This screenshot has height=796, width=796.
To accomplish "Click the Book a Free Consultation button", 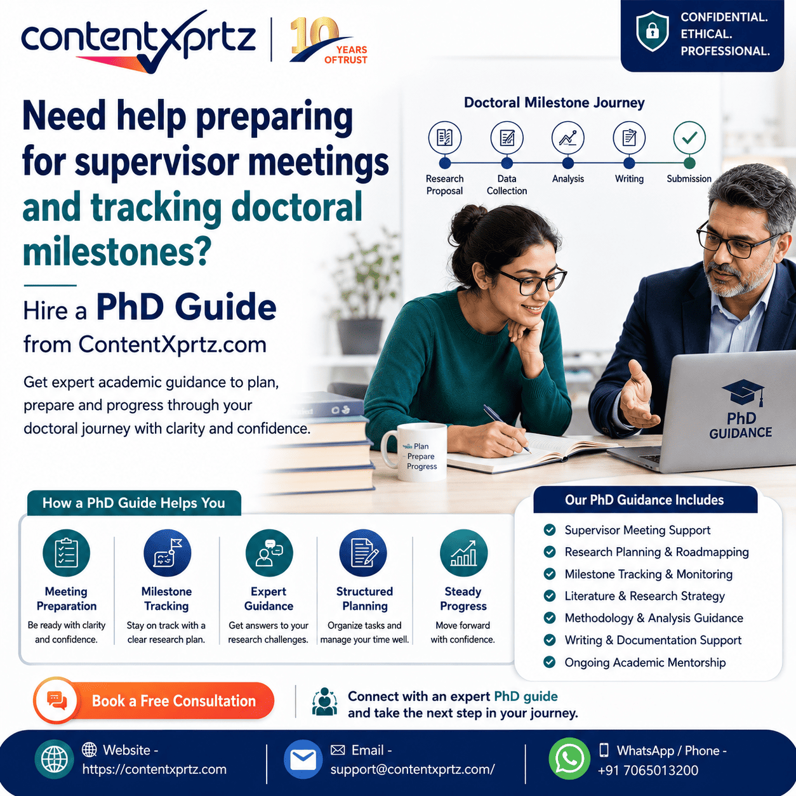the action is point(154,701).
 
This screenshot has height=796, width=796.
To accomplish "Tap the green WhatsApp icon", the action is point(569,759).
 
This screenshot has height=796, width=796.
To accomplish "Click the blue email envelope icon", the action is point(303,759).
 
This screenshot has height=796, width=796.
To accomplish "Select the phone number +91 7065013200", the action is point(647,771).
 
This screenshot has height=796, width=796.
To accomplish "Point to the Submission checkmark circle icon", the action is point(689,138).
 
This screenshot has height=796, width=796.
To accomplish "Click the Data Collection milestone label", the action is point(507,185).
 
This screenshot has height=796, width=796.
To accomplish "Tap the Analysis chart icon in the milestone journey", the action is point(568,138).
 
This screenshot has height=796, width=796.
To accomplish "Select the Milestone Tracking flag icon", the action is point(168,553).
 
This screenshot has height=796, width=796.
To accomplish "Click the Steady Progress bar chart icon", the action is point(463,553).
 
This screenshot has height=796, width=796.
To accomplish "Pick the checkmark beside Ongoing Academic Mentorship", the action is point(550,662).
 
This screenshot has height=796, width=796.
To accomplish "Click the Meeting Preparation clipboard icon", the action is point(66,553).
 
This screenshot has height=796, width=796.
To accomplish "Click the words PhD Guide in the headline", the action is point(186,307).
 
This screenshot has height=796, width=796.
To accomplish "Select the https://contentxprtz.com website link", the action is point(154,769).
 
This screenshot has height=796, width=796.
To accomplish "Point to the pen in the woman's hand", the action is point(507,428).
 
